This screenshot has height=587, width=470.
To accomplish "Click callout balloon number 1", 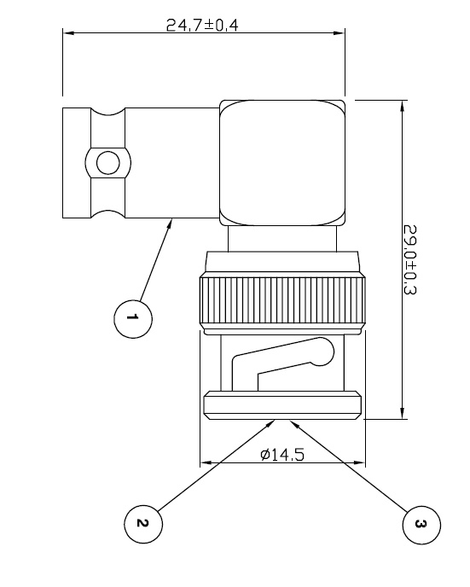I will [132, 318].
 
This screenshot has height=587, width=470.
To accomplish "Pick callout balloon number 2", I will [142, 522].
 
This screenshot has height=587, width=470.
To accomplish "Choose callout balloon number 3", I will [420, 522].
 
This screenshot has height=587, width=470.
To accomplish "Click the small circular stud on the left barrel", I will [107, 163].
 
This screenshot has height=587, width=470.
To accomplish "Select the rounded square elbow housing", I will [282, 162].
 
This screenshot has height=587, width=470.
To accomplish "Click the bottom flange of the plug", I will [282, 405].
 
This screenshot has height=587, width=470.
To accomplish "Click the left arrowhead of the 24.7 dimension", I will [67, 34].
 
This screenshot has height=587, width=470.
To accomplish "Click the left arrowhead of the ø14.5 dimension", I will [205, 464].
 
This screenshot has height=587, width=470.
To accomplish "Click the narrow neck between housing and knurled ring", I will [282, 240].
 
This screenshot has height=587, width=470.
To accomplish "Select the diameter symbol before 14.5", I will [265, 454].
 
